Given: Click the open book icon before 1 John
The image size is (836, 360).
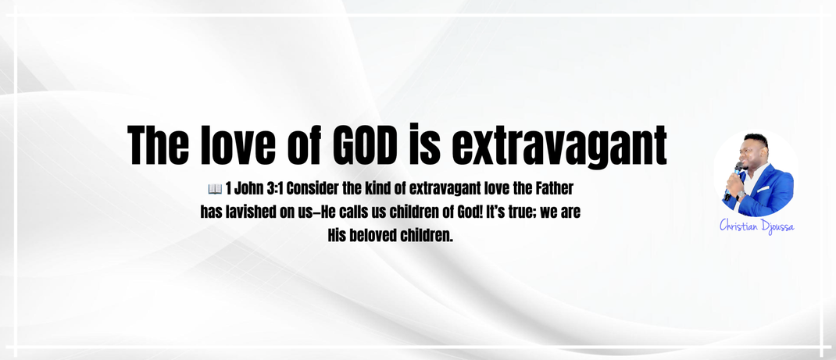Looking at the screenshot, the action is click(214, 188).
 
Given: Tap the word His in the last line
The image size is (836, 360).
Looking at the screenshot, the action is click(337, 235).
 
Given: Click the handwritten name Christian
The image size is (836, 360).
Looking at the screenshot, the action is click(738, 226).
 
